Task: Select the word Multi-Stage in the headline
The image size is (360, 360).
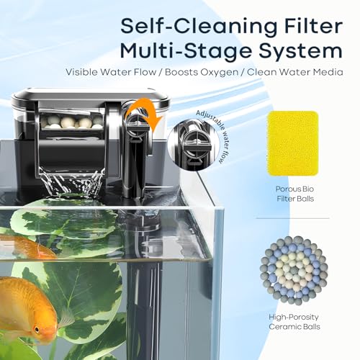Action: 186,52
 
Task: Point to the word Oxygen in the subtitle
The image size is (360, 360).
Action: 220,72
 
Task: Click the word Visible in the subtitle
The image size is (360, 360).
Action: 81,72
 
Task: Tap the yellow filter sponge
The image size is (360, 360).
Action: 292,143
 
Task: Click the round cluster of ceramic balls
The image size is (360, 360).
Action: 294,271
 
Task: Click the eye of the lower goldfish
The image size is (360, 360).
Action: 37,329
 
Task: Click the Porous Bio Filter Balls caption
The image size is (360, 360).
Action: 295,194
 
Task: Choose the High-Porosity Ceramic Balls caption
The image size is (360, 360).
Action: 294,322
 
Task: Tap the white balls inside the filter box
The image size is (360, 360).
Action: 71,122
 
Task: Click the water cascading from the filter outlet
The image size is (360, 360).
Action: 72,181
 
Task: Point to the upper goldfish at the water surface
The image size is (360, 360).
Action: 27,247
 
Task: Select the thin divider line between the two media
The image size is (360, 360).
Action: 292,218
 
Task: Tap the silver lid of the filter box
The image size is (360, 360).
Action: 91,95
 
